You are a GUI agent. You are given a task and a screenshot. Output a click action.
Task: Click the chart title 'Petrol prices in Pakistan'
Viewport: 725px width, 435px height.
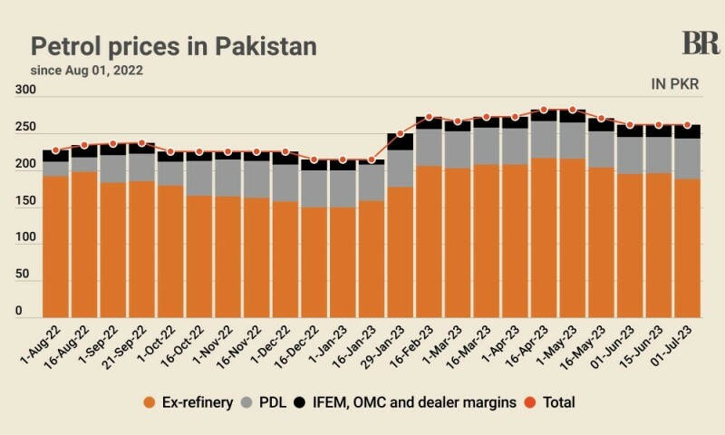[175, 45]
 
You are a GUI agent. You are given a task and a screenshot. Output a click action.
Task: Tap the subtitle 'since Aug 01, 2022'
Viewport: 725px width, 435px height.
[87, 70]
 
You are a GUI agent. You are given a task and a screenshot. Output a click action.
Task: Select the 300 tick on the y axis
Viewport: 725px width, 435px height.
[25, 90]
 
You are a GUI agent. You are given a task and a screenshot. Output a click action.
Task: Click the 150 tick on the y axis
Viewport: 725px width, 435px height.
[25, 201]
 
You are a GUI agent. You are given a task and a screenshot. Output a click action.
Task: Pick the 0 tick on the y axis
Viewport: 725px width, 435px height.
[19, 312]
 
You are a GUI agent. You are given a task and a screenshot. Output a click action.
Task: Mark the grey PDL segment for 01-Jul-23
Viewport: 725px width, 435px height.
[687, 158]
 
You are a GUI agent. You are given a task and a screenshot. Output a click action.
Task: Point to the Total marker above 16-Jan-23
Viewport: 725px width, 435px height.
[372, 159]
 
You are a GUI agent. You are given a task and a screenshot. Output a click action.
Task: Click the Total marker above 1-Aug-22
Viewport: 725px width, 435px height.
[55, 150]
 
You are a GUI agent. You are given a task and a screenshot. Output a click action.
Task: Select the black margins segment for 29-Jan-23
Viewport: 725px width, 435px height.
[401, 141]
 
